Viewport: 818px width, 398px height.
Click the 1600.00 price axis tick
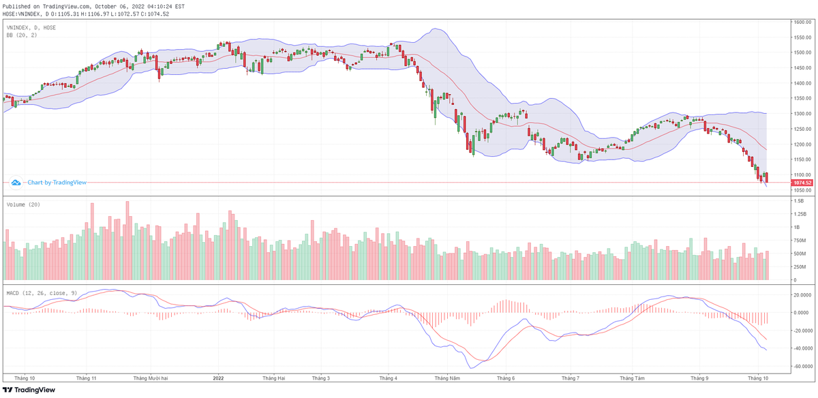(802, 22)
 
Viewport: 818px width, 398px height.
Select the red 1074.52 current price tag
(802, 183)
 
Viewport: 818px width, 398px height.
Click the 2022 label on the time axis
(218, 378)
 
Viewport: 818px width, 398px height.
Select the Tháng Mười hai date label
(150, 378)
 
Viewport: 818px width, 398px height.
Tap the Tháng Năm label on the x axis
(446, 378)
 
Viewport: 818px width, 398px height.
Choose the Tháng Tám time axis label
(632, 378)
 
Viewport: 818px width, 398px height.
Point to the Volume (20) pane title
(22, 204)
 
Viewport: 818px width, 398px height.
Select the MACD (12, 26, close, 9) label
(41, 292)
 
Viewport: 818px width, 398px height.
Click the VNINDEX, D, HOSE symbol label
(31, 27)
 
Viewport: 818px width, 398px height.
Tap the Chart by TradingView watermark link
(48, 183)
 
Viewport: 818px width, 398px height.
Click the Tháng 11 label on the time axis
(87, 378)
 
